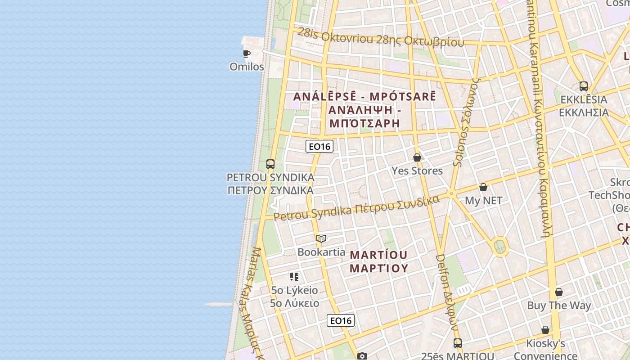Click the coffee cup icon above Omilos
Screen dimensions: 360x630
pyautogui.click(x=247, y=54)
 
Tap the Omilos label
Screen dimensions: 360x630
pyautogui.click(x=247, y=67)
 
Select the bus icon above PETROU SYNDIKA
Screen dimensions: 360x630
pyautogui.click(x=270, y=164)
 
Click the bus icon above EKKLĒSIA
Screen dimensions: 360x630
pyautogui.click(x=584, y=86)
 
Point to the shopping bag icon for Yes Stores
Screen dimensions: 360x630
pyautogui.click(x=417, y=157)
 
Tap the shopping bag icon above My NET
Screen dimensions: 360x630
pyautogui.click(x=483, y=187)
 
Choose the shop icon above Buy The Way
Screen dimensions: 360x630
pyautogui.click(x=559, y=292)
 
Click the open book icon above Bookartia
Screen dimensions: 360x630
pyautogui.click(x=321, y=238)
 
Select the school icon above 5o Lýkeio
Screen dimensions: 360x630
pyautogui.click(x=294, y=276)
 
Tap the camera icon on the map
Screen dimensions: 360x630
pyautogui.click(x=362, y=356)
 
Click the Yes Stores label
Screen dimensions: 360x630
pyautogui.click(x=417, y=171)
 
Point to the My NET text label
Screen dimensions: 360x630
pyautogui.click(x=483, y=201)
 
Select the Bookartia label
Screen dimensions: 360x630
pyautogui.click(x=321, y=252)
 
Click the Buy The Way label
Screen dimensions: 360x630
pyautogui.click(x=559, y=306)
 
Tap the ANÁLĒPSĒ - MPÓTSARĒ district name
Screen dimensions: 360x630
pyautogui.click(x=364, y=96)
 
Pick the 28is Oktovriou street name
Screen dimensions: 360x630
pyautogui.click(x=336, y=36)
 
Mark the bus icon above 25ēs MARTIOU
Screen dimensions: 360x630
pyautogui.click(x=458, y=343)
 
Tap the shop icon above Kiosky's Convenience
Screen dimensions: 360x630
pyautogui.click(x=545, y=330)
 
